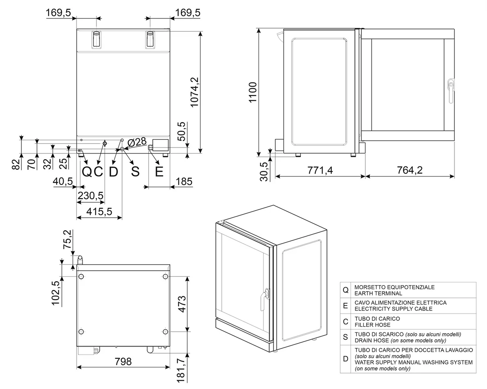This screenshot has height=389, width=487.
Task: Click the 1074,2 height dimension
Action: point(195,92)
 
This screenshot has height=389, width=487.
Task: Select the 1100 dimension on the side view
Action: point(252,92)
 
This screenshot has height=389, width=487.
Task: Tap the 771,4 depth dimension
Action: point(320,170)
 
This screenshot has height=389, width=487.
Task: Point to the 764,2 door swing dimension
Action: point(410,170)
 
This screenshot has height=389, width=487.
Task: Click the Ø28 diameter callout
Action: point(137,142)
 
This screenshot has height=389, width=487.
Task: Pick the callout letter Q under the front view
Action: point(87,172)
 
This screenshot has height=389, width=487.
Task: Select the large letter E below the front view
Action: point(159,172)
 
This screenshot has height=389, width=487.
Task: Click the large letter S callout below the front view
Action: point(135,172)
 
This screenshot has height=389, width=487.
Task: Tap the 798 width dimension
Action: point(123,362)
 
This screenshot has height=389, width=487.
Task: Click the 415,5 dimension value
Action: point(99,211)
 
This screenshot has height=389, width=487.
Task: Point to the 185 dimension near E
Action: point(184,182)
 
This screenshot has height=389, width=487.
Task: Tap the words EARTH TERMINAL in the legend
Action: point(378,294)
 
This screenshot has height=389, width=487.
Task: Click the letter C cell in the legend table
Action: point(345,321)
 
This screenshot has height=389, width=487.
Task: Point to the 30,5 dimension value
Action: point(264,171)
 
